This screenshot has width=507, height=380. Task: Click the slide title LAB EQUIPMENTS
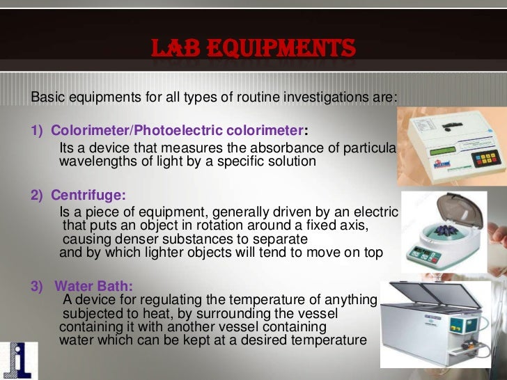(x=253, y=48)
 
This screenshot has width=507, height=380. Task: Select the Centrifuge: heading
(x=82, y=196)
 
